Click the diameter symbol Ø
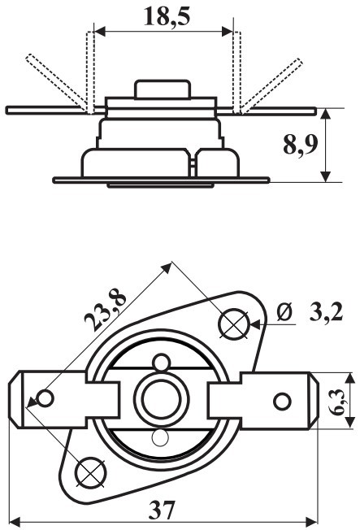point(284,311)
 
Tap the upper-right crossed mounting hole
point(234,324)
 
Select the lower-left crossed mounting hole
point(89,471)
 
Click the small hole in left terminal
point(46,398)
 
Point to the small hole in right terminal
point(281,401)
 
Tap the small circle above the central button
point(162,363)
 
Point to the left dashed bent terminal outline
point(57,81)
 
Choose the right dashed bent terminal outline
point(268,81)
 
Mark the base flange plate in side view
point(163,178)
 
